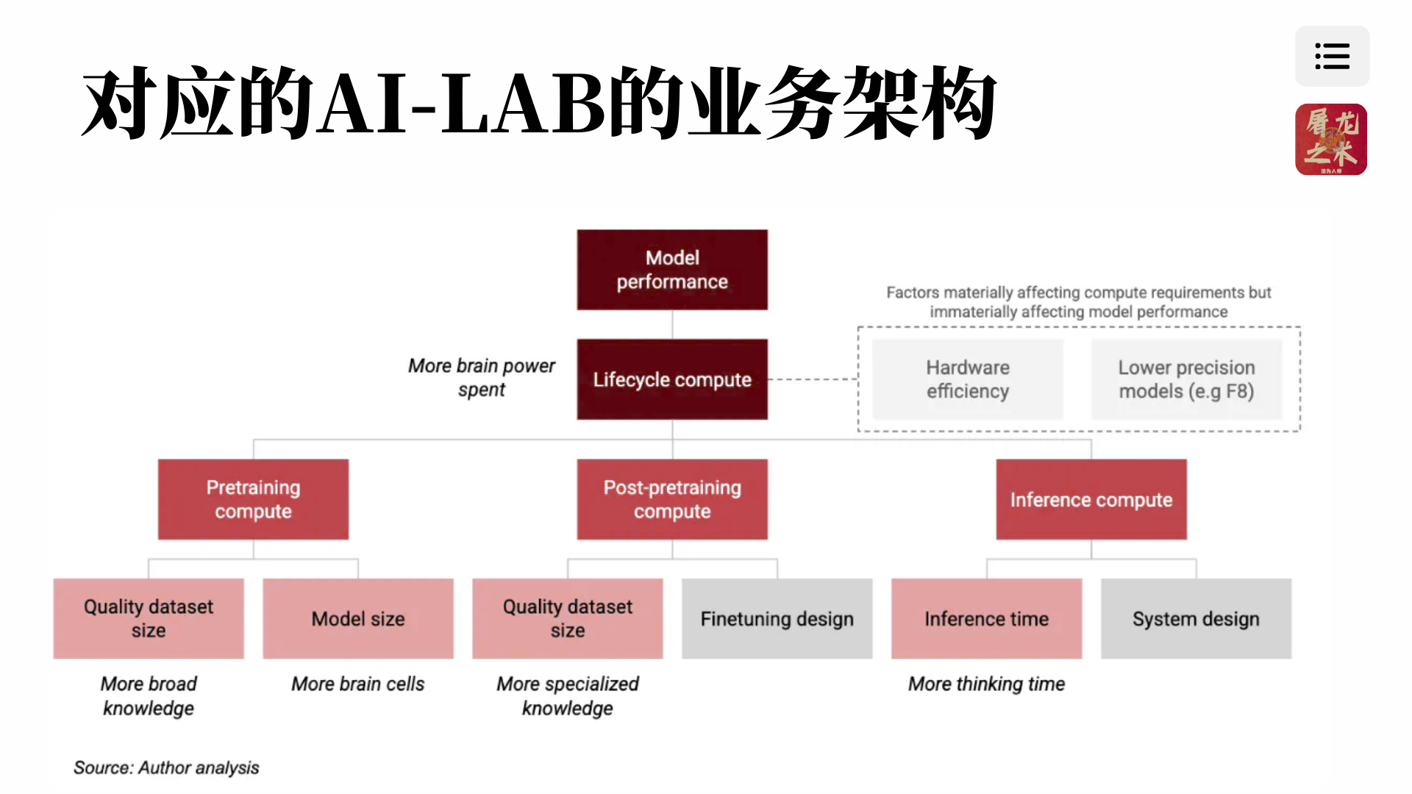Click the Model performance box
click(x=672, y=270)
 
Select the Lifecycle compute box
click(x=672, y=379)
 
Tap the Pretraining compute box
click(x=253, y=499)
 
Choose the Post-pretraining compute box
click(x=672, y=499)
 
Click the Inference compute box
click(x=1091, y=499)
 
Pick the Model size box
click(x=358, y=618)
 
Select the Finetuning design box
click(x=777, y=618)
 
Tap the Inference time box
click(x=986, y=618)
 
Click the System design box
click(x=1196, y=618)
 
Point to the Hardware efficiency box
click(x=967, y=379)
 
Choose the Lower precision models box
click(x=1186, y=379)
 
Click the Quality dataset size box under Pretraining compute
click(x=149, y=618)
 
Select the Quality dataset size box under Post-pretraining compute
click(x=568, y=618)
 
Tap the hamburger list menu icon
click(x=1332, y=56)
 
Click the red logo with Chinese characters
click(x=1331, y=139)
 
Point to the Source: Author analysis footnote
click(x=166, y=768)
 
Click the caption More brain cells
click(x=358, y=684)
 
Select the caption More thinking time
click(x=986, y=684)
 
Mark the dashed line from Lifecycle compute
click(x=813, y=379)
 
